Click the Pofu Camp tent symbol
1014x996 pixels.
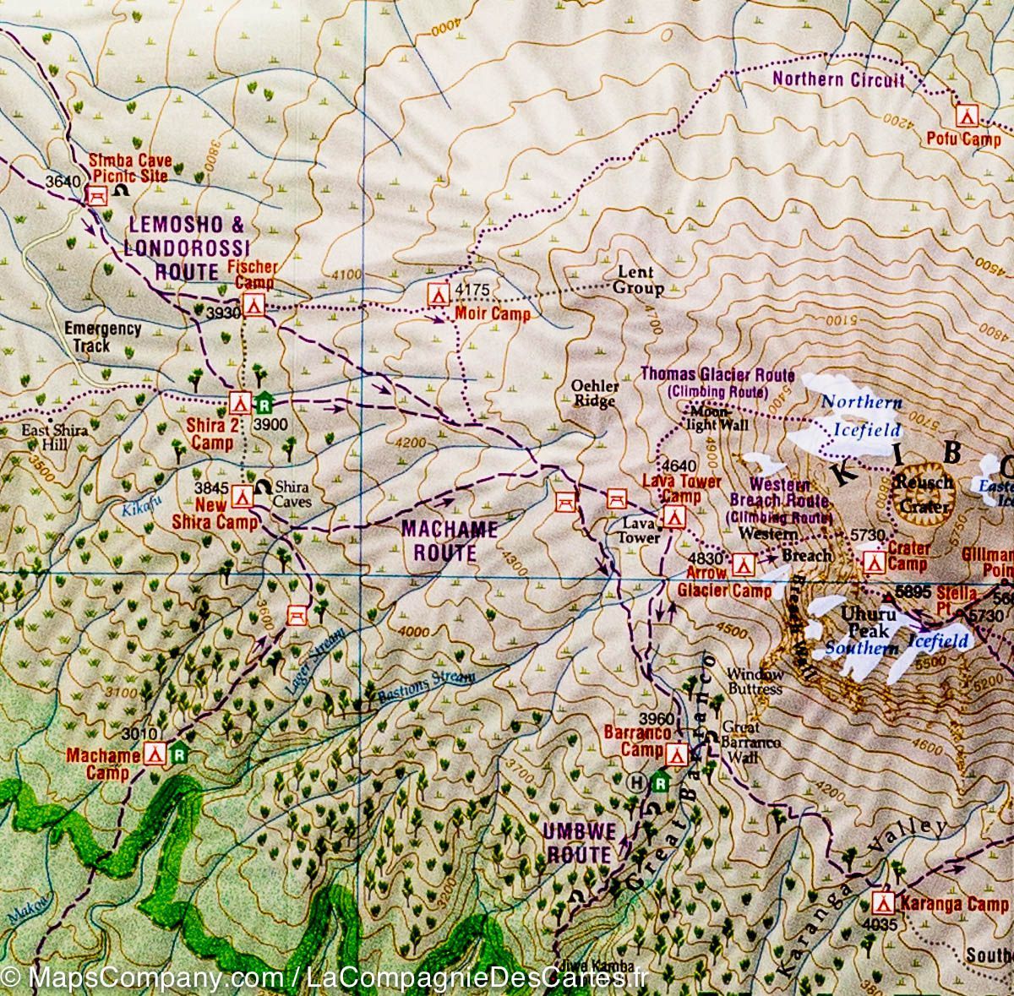966,115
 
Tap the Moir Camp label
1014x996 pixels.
492,314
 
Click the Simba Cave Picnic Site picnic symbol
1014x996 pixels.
95,195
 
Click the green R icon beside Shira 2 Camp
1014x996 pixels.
264,400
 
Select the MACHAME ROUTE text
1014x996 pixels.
449,541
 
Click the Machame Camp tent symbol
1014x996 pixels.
155,754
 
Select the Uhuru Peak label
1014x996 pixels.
869,623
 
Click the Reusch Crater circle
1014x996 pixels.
925,490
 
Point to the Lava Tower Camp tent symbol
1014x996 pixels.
673,517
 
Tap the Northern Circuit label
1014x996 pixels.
837,80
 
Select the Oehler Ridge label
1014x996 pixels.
595,394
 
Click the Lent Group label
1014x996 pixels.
637,280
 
